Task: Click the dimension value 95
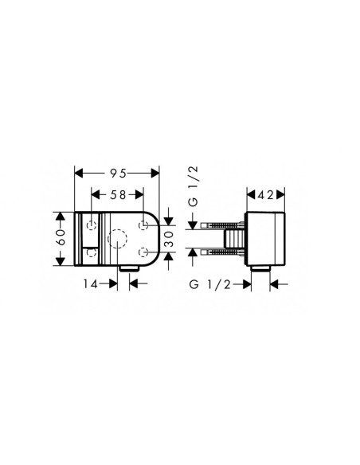(x=119, y=174)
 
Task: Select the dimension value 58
(x=118, y=195)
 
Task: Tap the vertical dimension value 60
(x=61, y=237)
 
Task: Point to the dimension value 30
(x=169, y=240)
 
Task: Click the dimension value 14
(x=90, y=284)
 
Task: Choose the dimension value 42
(x=265, y=195)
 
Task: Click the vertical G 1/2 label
(x=193, y=186)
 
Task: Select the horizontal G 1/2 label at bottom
(x=210, y=285)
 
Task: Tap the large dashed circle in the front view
(x=108, y=239)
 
